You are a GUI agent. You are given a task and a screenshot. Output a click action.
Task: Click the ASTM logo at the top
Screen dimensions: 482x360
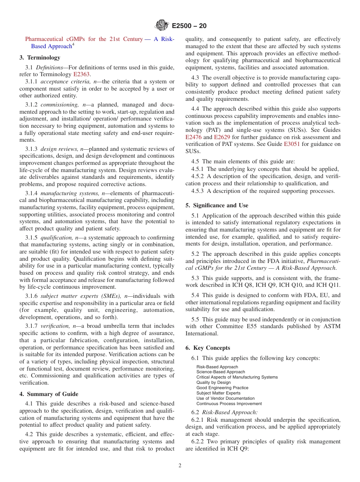[x=162, y=26]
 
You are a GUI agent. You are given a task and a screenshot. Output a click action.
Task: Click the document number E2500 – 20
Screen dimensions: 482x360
[x=189, y=26]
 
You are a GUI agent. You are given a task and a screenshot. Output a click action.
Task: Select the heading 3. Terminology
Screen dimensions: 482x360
[x=40, y=58]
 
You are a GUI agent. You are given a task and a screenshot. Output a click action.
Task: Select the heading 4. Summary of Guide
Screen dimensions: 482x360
[x=49, y=394]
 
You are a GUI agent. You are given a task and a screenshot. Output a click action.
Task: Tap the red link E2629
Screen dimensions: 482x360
[x=222, y=137]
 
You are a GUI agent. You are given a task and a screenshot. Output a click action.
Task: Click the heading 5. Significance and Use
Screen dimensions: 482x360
[x=217, y=205]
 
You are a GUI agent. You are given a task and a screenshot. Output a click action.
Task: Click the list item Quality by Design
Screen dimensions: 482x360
[x=213, y=382]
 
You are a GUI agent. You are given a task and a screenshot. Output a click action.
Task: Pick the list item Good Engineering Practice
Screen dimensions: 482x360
[x=222, y=388]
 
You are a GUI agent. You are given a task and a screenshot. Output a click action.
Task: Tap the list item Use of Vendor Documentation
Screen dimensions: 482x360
[x=225, y=398]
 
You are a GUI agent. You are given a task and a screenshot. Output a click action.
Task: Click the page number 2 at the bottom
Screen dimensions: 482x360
[x=180, y=466]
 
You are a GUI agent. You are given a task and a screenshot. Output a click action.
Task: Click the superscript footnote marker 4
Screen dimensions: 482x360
[x=73, y=44]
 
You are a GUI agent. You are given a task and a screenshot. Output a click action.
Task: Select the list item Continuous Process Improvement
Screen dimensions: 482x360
[x=229, y=404]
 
